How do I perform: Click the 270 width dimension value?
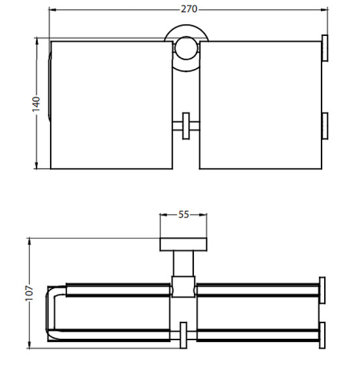click(x=189, y=9)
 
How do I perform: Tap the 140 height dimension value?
click(x=36, y=104)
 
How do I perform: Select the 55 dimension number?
click(x=184, y=214)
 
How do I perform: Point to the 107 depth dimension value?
click(x=29, y=293)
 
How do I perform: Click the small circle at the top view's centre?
click(x=186, y=48)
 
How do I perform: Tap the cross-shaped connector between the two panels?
click(x=186, y=126)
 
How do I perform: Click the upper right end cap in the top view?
click(x=325, y=48)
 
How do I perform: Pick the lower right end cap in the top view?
click(x=325, y=126)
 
